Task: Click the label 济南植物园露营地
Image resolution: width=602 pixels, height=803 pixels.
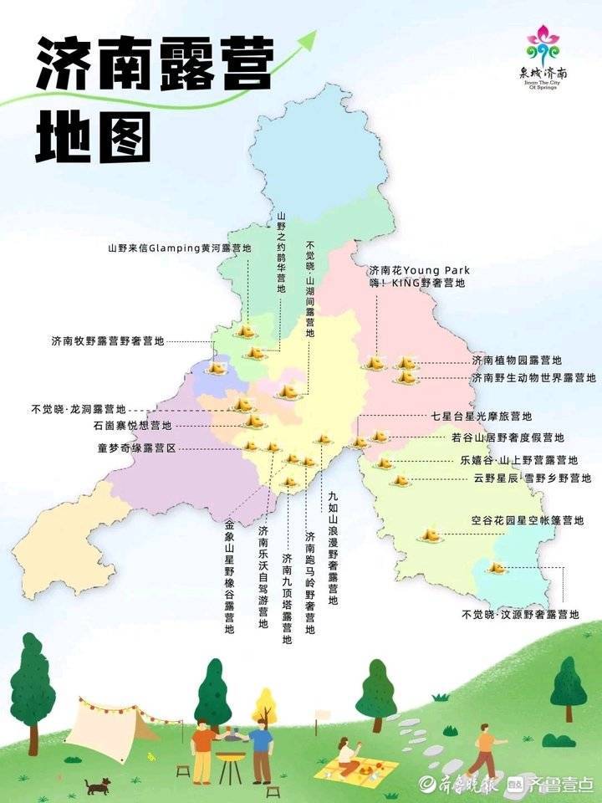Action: click(516, 361)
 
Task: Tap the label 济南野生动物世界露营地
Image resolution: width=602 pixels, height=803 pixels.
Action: click(527, 378)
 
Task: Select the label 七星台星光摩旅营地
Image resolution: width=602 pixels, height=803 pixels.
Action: click(481, 416)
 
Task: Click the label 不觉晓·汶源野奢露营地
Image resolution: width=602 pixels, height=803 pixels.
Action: click(520, 614)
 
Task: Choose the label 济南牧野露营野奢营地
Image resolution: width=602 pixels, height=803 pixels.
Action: click(108, 341)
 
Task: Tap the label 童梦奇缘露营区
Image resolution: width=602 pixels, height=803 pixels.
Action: click(136, 448)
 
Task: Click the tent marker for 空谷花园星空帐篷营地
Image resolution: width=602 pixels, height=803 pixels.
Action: click(431, 533)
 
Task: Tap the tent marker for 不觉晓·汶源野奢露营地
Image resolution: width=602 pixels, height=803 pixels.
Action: click(497, 569)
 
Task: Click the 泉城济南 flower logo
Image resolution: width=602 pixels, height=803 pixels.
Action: click(548, 48)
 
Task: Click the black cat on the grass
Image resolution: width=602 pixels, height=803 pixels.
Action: click(98, 785)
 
